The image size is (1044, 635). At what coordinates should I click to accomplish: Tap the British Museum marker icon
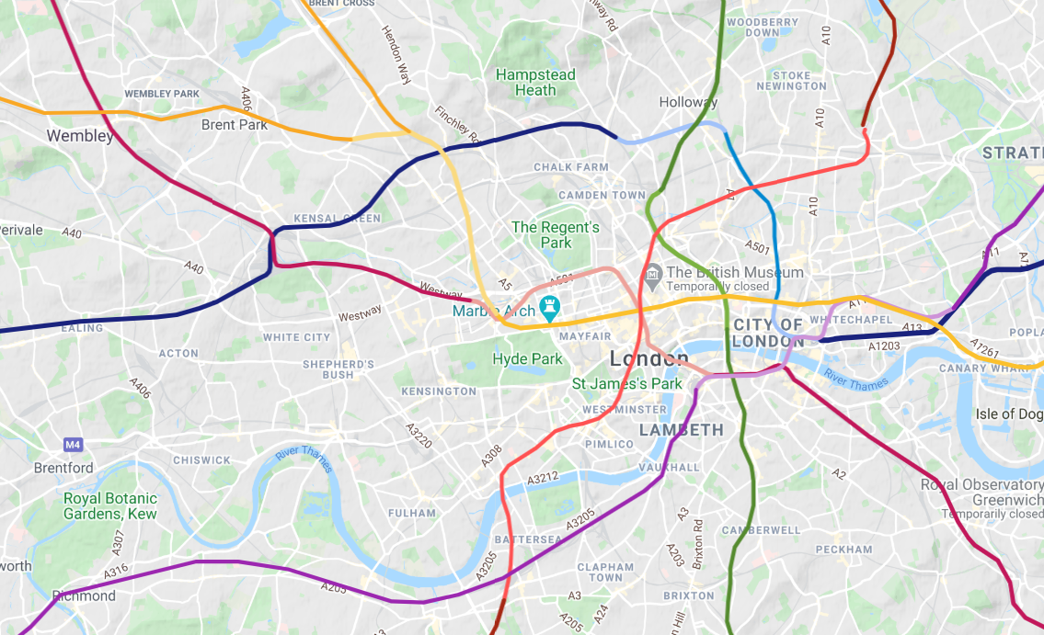(653, 273)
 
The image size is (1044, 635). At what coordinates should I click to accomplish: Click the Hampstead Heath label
(535, 83)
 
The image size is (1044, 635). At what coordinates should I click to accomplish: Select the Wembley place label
(80, 136)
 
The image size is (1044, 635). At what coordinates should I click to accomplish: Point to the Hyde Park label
(527, 358)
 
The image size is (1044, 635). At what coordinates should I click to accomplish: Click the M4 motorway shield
(74, 445)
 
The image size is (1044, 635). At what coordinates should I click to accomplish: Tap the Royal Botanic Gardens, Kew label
(109, 505)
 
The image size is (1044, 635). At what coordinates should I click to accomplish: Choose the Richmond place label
(85, 595)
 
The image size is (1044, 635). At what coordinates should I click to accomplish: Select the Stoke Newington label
(791, 81)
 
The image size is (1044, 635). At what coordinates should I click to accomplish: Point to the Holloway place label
(688, 102)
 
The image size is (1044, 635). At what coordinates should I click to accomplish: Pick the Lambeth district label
(682, 429)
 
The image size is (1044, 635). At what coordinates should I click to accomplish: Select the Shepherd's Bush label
(338, 369)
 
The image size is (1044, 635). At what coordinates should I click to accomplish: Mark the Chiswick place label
(201, 460)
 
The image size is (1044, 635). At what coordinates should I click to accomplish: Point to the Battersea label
(527, 539)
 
